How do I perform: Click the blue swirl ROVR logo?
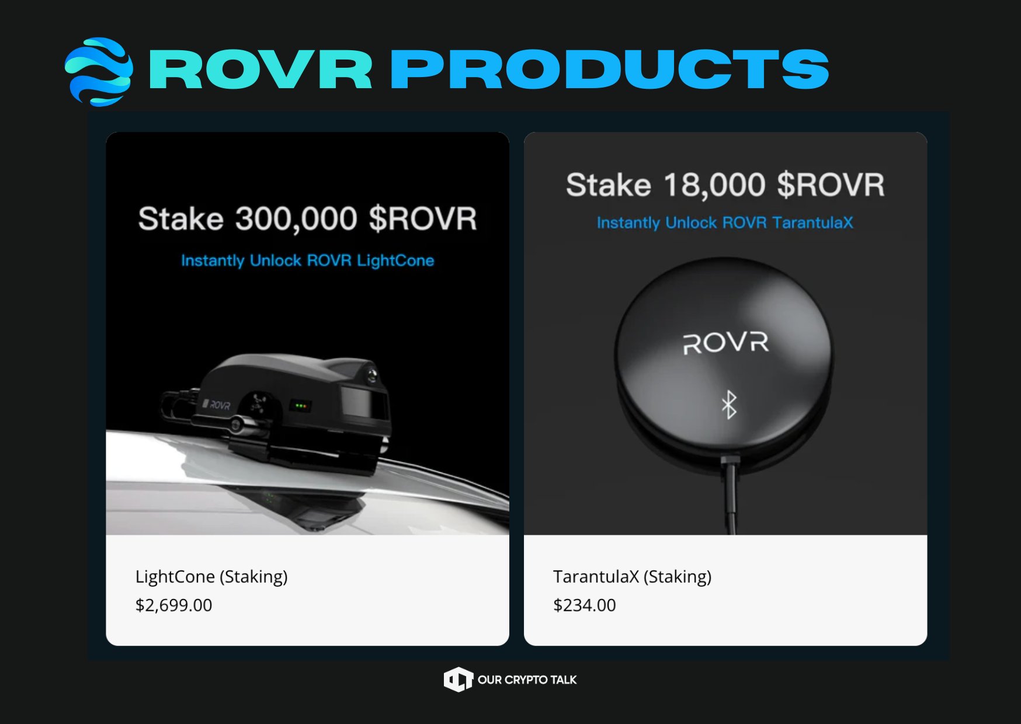tap(99, 72)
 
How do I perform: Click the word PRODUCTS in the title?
tap(609, 69)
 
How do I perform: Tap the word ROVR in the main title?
tap(261, 69)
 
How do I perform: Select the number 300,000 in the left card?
tap(296, 219)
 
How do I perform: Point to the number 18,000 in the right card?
tap(714, 185)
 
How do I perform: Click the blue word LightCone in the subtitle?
tap(395, 260)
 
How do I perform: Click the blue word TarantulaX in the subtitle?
tap(812, 222)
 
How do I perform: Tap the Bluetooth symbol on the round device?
tap(729, 405)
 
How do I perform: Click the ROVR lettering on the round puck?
tap(726, 343)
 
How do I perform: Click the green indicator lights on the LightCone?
tap(301, 405)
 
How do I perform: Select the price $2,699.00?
tap(173, 605)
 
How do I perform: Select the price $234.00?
tap(584, 605)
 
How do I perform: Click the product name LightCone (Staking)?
tap(211, 577)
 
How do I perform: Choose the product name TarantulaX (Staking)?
tap(632, 577)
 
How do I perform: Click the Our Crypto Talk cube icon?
tap(458, 680)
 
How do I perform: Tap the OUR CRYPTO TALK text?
tap(527, 680)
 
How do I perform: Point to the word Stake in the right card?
tap(609, 185)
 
